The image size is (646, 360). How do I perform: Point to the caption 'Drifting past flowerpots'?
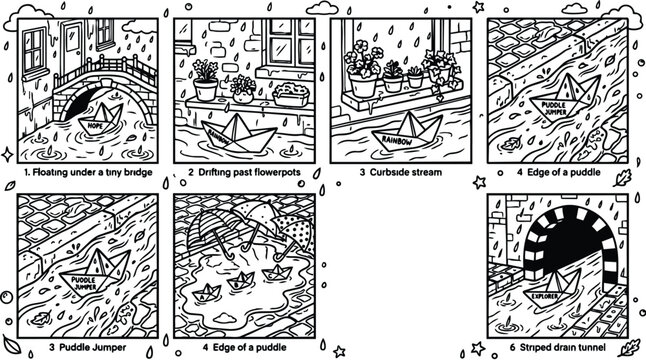(247, 171)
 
